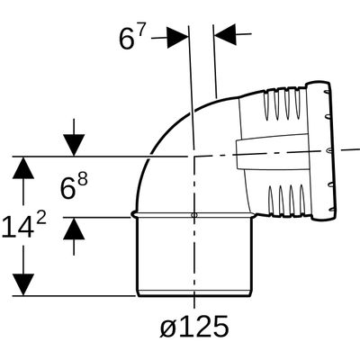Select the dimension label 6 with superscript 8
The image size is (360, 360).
(74, 186)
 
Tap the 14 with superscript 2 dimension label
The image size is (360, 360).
(24, 226)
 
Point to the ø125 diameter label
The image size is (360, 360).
(194, 326)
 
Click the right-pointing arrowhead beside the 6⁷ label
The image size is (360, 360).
(178, 38)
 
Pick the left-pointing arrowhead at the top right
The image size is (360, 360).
(225, 35)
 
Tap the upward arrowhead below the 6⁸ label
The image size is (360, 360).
(74, 229)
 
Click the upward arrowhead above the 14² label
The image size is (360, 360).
(23, 167)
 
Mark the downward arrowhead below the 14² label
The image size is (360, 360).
(23, 284)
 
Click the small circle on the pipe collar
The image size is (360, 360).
(194, 215)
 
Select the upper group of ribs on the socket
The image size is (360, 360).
(282, 104)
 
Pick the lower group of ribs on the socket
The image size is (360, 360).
(284, 201)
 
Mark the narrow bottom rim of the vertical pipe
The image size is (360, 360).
(194, 293)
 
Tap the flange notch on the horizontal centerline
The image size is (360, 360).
(329, 149)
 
